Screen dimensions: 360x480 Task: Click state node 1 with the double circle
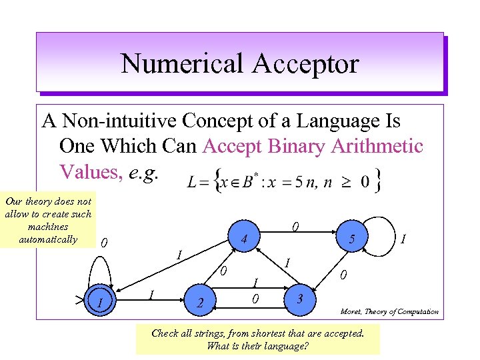99,303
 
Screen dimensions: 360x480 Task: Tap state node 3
301,297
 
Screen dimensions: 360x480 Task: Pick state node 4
245,238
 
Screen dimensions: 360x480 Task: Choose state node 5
352,242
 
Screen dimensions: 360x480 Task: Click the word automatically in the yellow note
48,239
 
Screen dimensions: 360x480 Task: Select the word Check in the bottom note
165,333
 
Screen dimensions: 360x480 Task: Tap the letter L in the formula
192,181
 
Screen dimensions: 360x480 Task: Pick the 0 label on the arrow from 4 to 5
294,228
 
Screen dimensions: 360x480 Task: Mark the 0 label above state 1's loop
104,243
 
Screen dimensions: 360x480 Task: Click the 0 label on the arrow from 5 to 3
343,274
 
